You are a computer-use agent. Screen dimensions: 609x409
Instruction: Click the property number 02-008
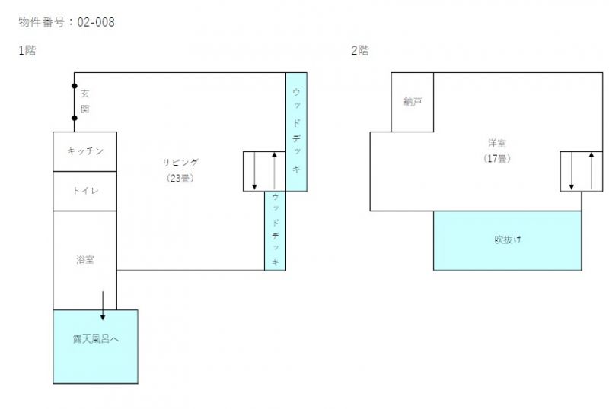click(96, 22)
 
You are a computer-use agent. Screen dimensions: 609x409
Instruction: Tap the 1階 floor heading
click(27, 50)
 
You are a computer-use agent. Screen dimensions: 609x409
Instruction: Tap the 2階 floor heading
click(360, 50)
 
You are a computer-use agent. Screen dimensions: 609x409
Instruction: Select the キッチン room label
click(85, 151)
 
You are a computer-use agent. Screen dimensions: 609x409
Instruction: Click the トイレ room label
click(85, 191)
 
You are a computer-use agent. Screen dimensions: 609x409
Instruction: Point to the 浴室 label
click(85, 259)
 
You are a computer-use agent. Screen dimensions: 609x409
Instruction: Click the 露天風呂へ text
click(96, 339)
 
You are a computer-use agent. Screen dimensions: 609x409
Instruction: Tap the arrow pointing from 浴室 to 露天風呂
click(103, 306)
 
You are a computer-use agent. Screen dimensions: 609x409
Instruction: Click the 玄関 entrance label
click(85, 101)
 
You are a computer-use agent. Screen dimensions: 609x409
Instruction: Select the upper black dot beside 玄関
click(74, 86)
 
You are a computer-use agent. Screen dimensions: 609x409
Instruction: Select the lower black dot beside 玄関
click(74, 118)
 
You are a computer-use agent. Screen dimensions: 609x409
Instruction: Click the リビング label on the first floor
click(180, 163)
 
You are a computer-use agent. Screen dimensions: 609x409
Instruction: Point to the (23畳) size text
click(180, 178)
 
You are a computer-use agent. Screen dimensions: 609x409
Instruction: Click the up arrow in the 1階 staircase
click(274, 171)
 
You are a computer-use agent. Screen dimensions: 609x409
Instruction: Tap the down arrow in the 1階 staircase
click(254, 171)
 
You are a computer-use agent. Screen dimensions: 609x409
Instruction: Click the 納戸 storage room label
click(413, 102)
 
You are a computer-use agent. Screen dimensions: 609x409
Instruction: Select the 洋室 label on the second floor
click(497, 143)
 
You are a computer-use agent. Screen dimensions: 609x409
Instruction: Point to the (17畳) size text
click(497, 158)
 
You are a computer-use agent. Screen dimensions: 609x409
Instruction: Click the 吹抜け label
click(508, 239)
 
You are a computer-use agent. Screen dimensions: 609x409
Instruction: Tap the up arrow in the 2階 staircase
click(591, 171)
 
